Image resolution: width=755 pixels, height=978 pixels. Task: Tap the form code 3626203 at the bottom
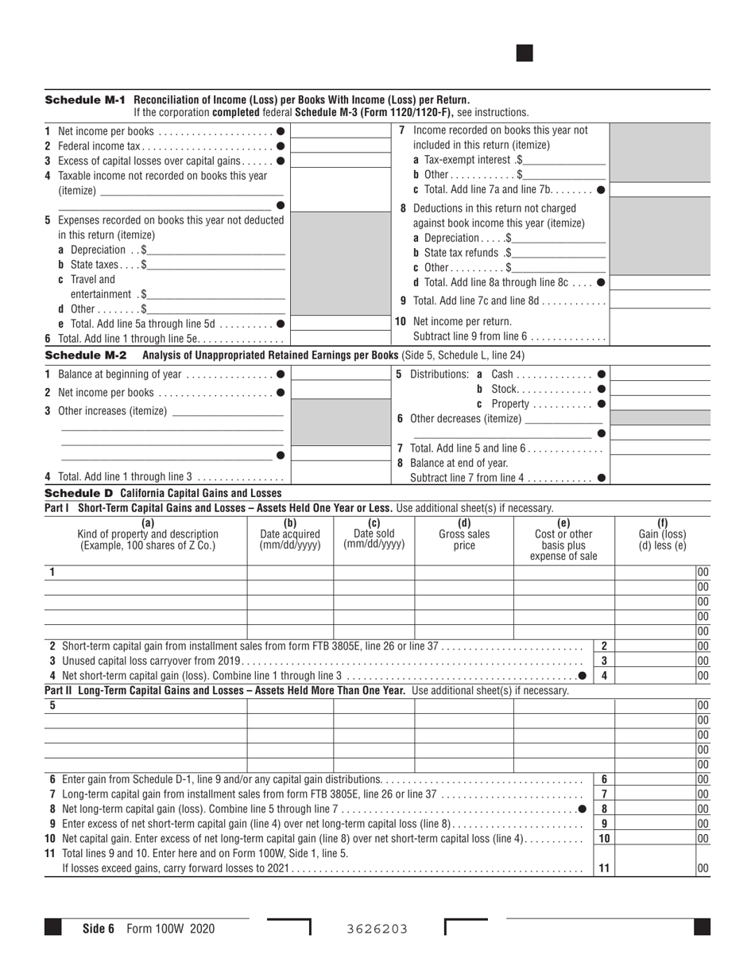(x=377, y=929)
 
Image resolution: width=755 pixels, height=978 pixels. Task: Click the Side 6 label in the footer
(x=99, y=929)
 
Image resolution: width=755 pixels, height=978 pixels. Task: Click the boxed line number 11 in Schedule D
(x=604, y=868)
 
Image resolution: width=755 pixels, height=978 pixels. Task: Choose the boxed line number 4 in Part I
(x=604, y=676)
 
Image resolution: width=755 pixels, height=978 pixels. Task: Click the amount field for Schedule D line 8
(x=655, y=809)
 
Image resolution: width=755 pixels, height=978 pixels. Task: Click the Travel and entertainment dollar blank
(x=216, y=294)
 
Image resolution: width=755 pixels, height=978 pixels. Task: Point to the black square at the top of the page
(x=525, y=53)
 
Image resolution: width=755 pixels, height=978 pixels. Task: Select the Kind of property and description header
(x=147, y=534)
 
